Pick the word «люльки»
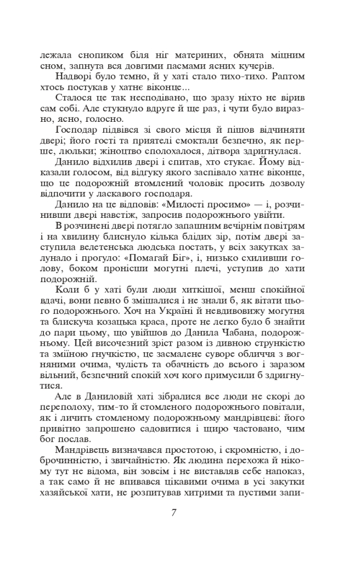click(89, 151)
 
